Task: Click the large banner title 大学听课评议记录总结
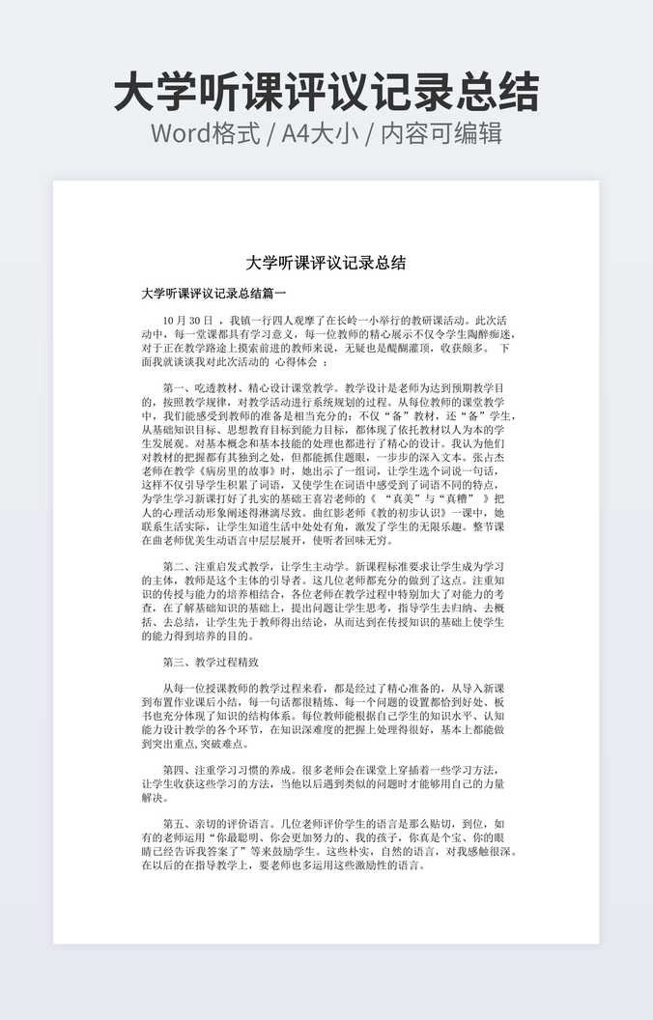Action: pos(326,93)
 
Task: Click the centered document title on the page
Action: pos(326,263)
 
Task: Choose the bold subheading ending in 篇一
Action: pos(213,293)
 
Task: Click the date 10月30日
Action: pos(188,320)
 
